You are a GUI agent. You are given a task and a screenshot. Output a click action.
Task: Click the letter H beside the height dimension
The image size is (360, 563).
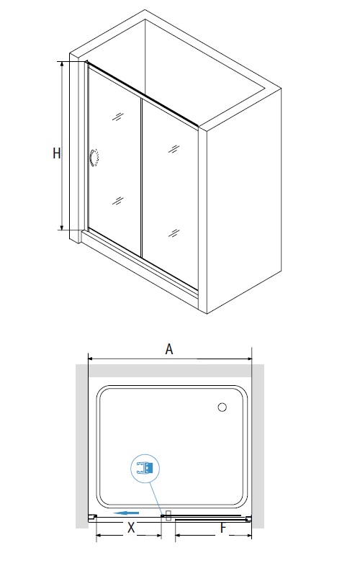[x=57, y=153]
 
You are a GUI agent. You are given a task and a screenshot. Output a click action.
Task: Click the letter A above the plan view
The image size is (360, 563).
[x=169, y=348]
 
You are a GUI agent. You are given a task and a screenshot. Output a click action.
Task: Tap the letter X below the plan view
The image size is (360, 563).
[x=131, y=528]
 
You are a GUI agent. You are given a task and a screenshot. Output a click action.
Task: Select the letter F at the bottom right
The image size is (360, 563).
[x=223, y=528]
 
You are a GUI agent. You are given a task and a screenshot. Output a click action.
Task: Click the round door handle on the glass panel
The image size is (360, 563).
[x=94, y=158]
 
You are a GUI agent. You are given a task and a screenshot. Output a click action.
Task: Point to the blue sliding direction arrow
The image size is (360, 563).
[x=126, y=513]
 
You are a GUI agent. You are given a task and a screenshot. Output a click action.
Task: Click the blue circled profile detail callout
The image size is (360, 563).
[x=145, y=469]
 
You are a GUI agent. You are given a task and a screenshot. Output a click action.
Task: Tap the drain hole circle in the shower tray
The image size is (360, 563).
[x=222, y=407]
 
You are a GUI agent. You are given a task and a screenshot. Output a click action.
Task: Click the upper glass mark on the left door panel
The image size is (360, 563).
[x=118, y=117]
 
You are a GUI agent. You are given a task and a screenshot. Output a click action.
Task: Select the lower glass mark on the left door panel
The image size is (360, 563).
[x=118, y=201]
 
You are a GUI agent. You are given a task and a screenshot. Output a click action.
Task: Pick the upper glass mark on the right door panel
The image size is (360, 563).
[x=174, y=148]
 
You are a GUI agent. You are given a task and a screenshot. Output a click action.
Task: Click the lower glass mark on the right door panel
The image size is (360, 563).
[x=174, y=233]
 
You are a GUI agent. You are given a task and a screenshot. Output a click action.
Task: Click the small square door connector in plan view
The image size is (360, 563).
[x=168, y=515]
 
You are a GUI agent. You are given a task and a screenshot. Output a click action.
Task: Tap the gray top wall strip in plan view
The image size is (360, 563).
[x=170, y=371]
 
